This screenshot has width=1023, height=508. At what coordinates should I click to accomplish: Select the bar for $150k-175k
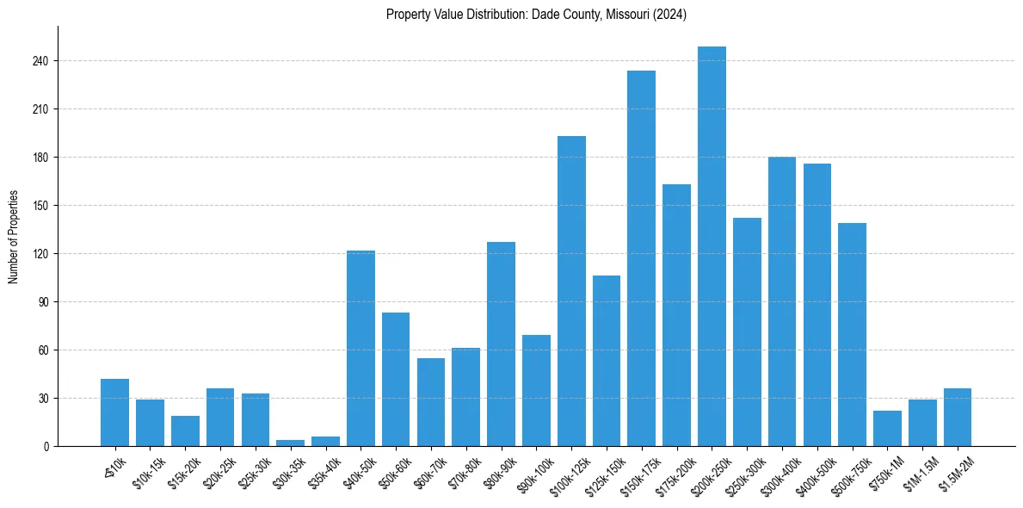(641, 258)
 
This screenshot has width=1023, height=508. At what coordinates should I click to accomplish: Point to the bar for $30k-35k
(290, 443)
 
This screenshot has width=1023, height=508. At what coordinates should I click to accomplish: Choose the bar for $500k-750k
(852, 335)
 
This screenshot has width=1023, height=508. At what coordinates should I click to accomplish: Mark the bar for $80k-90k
(501, 344)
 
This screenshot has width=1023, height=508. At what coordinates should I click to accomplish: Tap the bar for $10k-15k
(150, 423)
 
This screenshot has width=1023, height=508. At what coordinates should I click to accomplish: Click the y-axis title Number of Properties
(14, 237)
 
